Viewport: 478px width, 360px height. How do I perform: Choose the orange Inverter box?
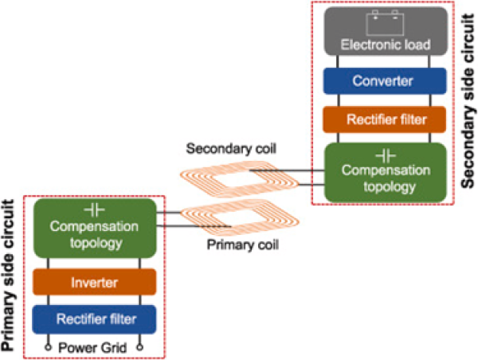tap(95, 282)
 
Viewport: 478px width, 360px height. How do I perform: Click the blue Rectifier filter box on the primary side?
tap(95, 320)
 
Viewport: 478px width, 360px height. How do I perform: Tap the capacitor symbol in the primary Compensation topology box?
tap(95, 210)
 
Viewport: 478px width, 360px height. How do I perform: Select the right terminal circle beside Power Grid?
tap(140, 346)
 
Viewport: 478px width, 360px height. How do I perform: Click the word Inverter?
tap(95, 282)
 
